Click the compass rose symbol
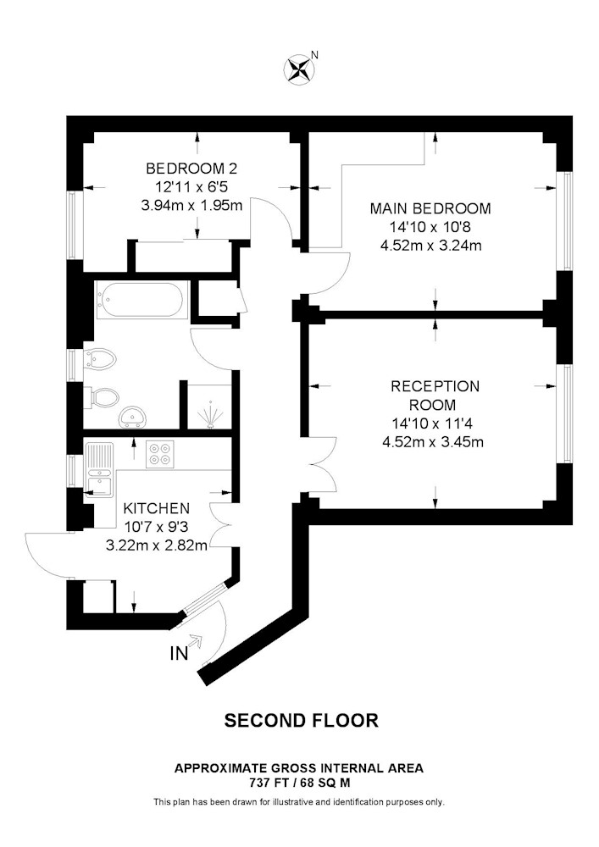(299, 69)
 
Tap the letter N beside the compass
(315, 54)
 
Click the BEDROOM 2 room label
(191, 169)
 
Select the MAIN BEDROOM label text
(430, 208)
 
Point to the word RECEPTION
(435, 386)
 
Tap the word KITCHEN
(157, 508)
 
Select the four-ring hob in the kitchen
(160, 453)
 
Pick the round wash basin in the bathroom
(133, 416)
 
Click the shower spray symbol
(210, 418)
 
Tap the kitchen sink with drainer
(99, 468)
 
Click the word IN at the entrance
(180, 654)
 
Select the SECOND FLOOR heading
(302, 720)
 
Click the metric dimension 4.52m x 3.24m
(431, 246)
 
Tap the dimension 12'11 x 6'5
(191, 187)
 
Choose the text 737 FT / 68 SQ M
(299, 782)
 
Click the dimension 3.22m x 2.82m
(157, 545)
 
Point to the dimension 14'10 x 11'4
(433, 423)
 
